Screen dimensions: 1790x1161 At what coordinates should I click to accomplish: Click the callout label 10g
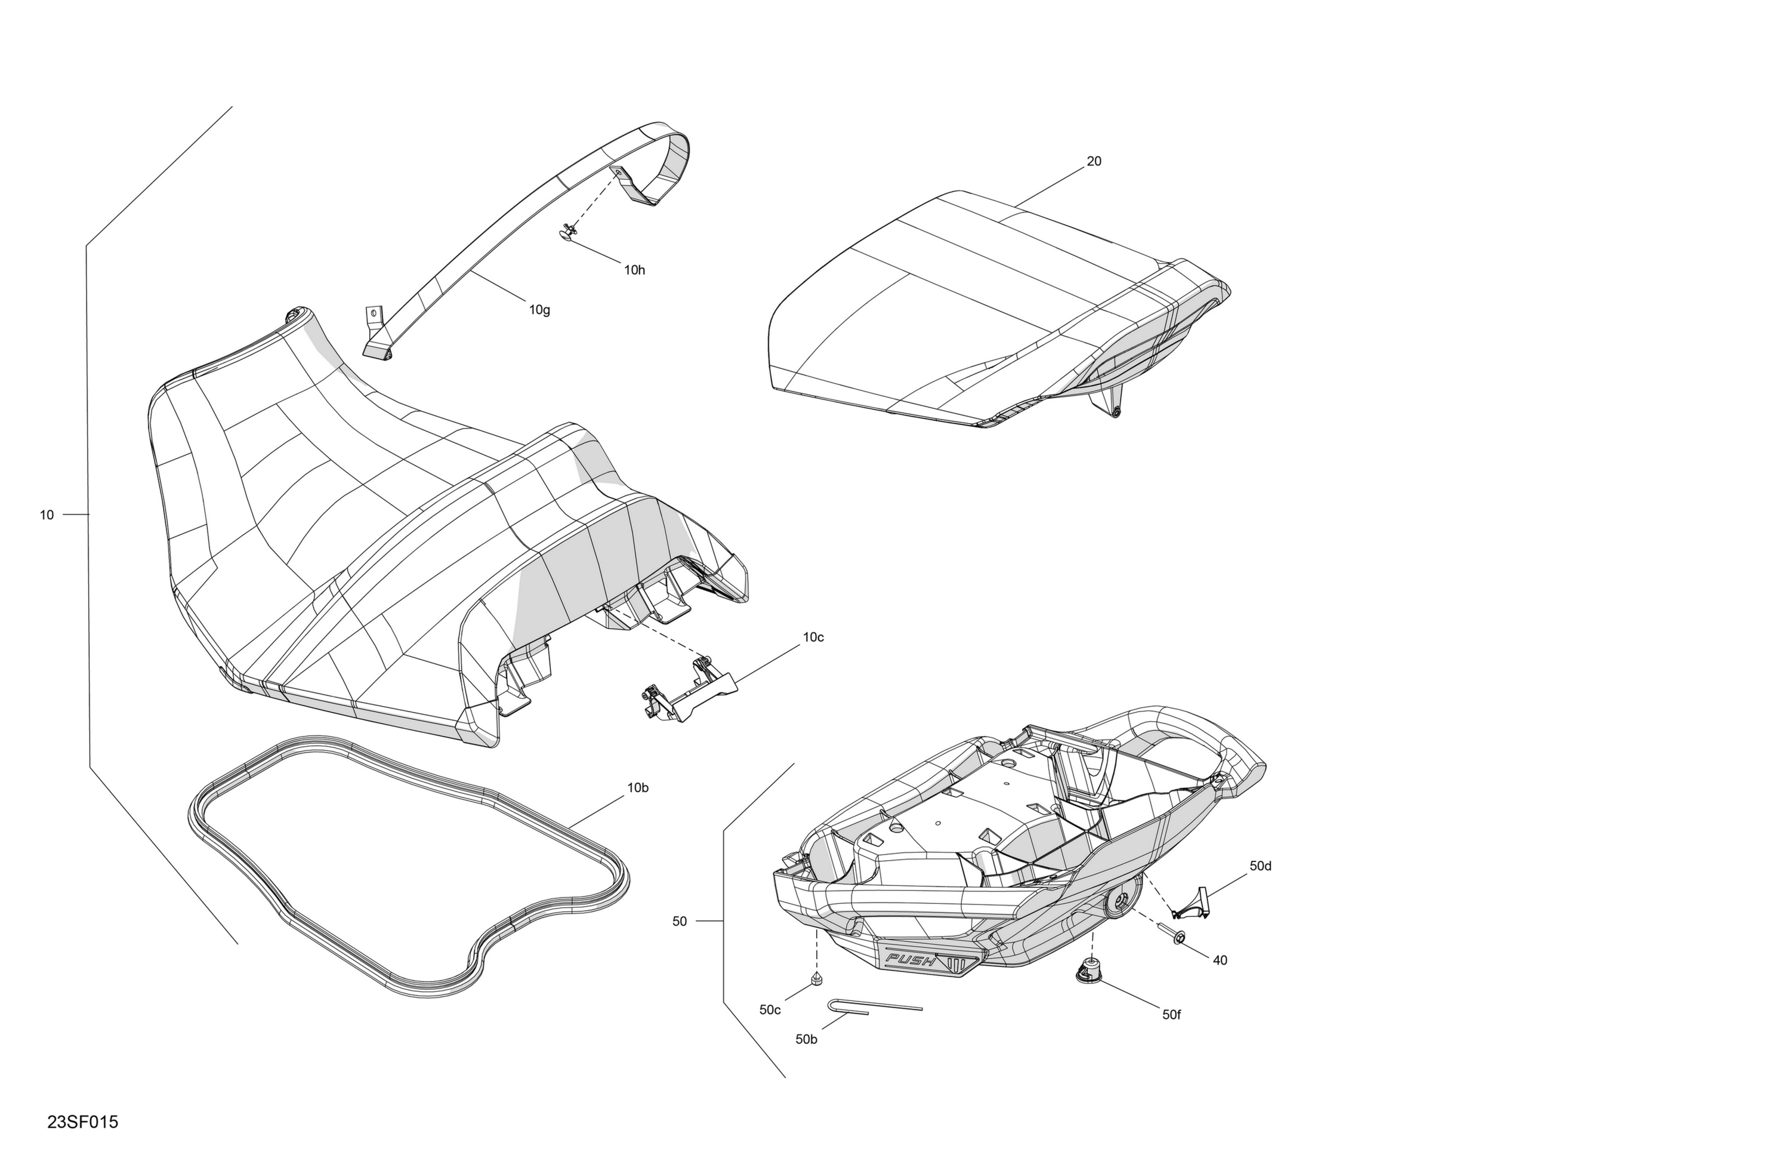point(539,309)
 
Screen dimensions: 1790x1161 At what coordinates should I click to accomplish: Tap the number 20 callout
point(1094,161)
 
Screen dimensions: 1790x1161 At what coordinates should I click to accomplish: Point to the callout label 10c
point(813,638)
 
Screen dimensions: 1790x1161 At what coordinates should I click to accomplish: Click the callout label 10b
point(638,788)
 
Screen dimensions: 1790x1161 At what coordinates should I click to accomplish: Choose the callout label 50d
point(1261,866)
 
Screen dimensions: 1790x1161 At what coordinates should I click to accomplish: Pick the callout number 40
point(1220,960)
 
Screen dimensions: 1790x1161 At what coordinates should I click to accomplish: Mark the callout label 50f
point(1172,1015)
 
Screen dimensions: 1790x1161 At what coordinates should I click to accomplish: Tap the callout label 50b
point(806,1039)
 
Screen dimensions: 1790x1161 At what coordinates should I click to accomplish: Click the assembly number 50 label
point(679,921)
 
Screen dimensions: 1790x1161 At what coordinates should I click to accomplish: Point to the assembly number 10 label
point(47,515)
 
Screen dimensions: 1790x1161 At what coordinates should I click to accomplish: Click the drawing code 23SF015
point(83,1122)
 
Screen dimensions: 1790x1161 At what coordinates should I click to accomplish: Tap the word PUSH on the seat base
point(911,960)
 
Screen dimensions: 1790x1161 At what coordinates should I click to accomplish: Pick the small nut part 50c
point(816,979)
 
